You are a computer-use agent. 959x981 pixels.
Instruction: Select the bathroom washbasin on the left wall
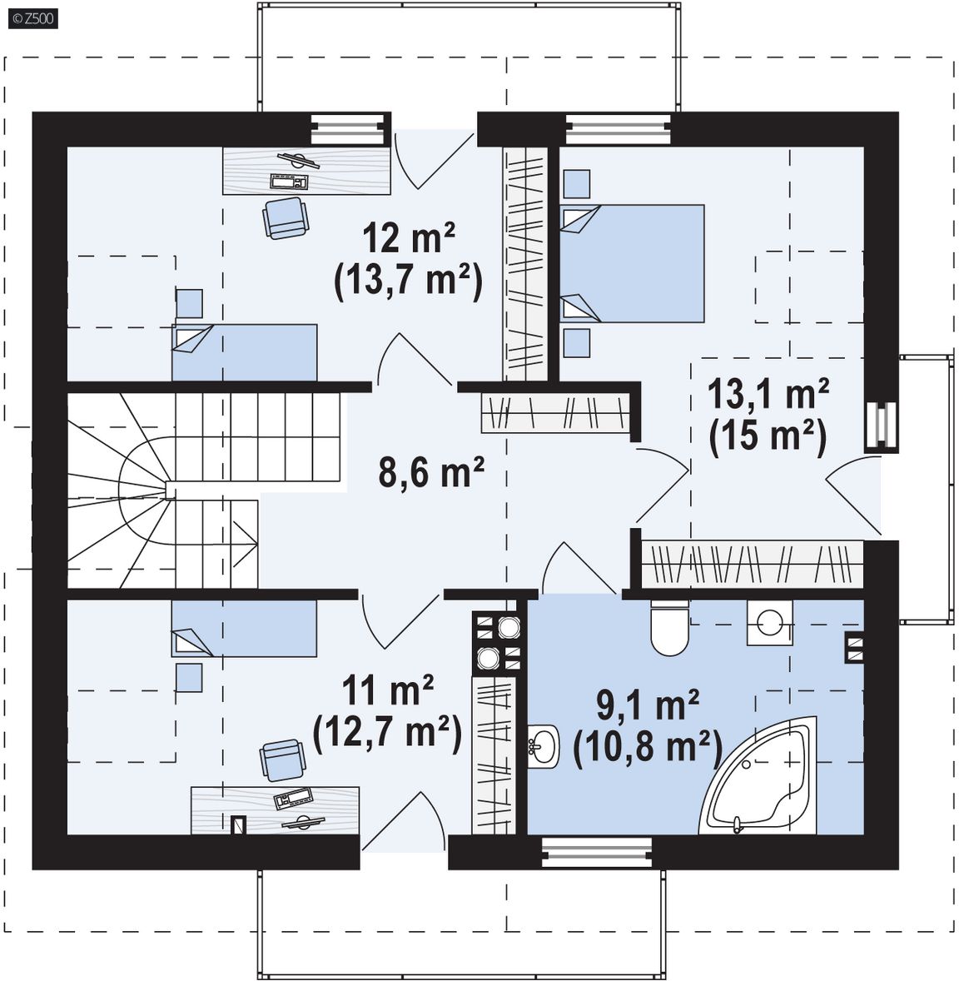(543, 746)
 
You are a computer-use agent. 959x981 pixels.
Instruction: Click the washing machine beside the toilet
(769, 623)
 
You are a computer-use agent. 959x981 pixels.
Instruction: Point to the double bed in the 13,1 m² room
(632, 263)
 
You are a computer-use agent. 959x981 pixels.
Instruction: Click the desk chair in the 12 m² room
(286, 217)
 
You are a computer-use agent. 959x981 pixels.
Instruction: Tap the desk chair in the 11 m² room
(283, 759)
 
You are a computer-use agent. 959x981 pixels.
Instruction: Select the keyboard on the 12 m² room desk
(289, 182)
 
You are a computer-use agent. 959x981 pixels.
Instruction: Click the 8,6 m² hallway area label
(431, 471)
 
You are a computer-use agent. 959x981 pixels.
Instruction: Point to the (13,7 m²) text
(409, 280)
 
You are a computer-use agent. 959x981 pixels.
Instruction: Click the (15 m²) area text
(768, 436)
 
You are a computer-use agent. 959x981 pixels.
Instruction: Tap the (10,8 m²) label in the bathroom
(648, 747)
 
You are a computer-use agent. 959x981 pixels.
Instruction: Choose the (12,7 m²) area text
(387, 731)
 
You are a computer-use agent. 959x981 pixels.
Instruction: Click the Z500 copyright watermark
(32, 19)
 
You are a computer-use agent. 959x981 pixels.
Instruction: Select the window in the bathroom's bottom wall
(597, 853)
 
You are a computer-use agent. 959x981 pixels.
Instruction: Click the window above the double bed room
(618, 129)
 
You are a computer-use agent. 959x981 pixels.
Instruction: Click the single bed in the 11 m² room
(244, 629)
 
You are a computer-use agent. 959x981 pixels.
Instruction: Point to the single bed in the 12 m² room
(245, 352)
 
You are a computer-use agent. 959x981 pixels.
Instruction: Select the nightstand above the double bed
(576, 184)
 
